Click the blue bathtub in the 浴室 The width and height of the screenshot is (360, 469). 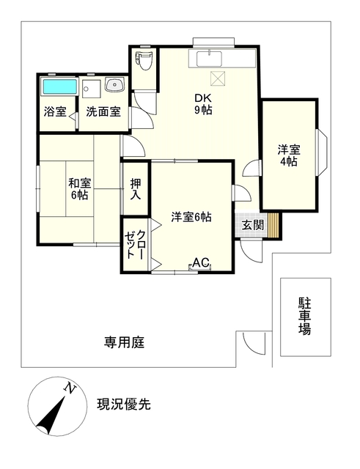[x=59, y=86]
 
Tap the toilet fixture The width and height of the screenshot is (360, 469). [x=144, y=60]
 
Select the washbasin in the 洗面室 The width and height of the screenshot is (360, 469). [x=114, y=84]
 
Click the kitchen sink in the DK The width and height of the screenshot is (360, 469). [x=209, y=59]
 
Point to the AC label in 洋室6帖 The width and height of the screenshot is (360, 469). [x=200, y=262]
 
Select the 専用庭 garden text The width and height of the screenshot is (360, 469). [x=124, y=342]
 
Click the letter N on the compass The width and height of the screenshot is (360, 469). [x=70, y=388]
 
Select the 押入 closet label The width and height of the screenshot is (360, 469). [x=136, y=189]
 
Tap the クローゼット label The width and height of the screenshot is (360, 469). [x=135, y=245]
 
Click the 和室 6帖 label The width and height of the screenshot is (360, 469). [x=80, y=189]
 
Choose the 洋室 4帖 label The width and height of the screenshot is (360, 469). [x=289, y=155]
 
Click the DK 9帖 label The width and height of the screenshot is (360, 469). [x=204, y=104]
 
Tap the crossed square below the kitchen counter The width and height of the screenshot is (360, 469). [x=218, y=78]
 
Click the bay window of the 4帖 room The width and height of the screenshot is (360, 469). [x=322, y=152]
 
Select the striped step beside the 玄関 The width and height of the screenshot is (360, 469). [x=273, y=225]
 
